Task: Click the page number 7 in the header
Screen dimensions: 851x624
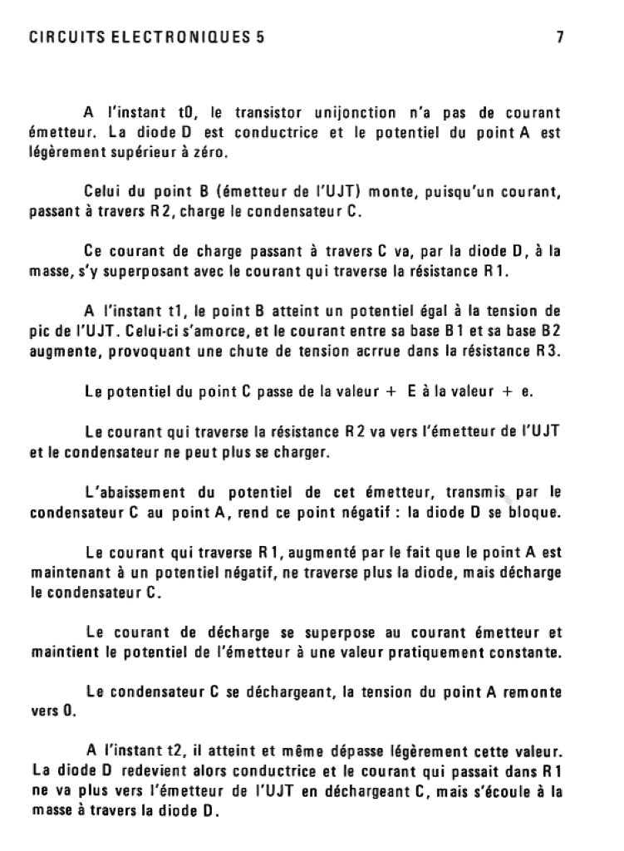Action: click(561, 37)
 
